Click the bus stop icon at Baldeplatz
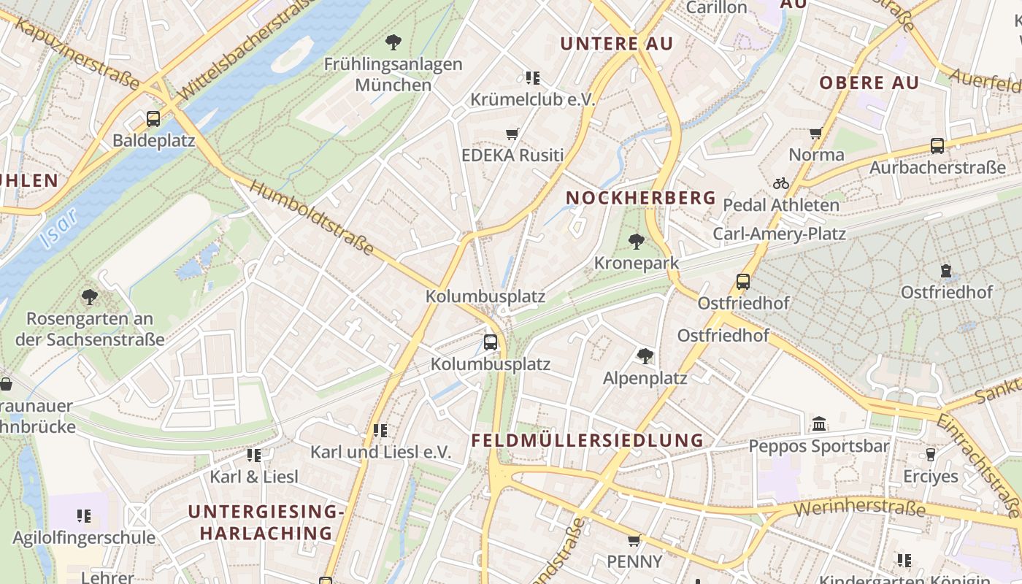153,118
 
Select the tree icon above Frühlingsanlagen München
393,42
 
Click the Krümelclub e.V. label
533,99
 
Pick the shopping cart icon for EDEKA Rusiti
512,134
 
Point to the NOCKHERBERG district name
641,198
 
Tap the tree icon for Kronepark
637,242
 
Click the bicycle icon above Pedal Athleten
781,183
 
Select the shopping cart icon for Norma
816,133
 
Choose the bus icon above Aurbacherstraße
937,146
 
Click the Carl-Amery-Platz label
779,234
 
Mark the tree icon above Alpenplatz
645,356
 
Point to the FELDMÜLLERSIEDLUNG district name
587,440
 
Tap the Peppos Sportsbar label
818,446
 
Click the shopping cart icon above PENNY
634,540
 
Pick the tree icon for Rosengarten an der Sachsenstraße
90,297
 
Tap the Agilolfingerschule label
84,538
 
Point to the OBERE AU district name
869,82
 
